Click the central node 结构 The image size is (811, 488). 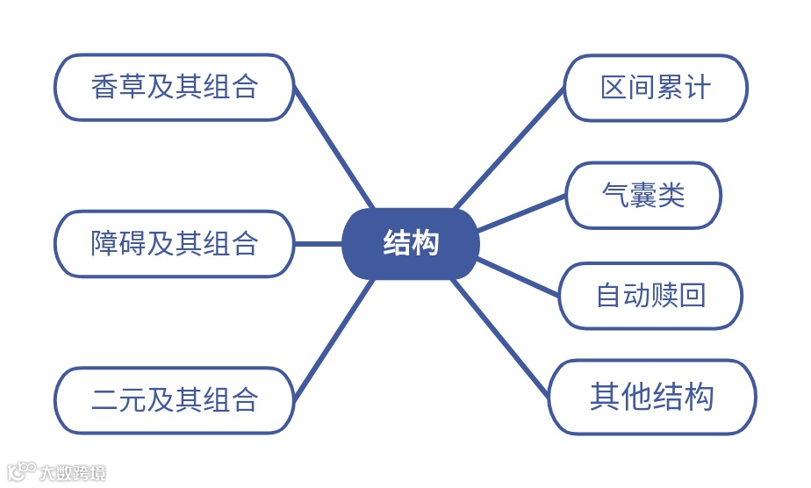(x=411, y=244)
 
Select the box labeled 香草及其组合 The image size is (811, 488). (x=174, y=88)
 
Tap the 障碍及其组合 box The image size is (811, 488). (x=174, y=244)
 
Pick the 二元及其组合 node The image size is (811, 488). (x=174, y=400)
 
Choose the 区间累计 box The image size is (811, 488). (x=655, y=88)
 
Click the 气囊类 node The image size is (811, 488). (x=643, y=195)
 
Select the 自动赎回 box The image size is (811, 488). (x=650, y=296)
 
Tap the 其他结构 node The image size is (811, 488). (x=651, y=397)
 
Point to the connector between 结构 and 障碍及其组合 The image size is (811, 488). (x=318, y=244)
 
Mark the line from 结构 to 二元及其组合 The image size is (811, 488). (x=334, y=339)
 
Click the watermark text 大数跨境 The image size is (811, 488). (x=73, y=474)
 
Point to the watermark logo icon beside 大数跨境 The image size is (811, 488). (x=21, y=472)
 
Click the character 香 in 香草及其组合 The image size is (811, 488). (x=104, y=88)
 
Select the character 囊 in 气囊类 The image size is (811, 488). (x=643, y=195)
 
